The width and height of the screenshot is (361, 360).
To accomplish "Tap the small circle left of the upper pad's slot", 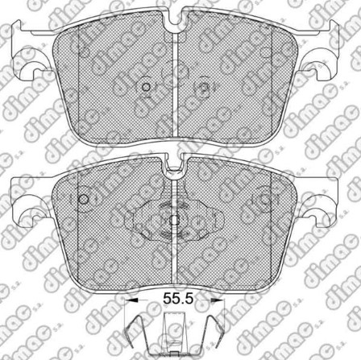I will (x=146, y=88).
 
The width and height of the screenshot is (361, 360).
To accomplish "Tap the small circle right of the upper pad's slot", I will (x=204, y=88).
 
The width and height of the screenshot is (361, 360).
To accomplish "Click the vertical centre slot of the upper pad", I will (x=175, y=89).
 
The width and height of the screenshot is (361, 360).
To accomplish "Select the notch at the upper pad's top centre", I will (x=175, y=22).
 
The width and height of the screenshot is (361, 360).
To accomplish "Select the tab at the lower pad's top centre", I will (x=175, y=168).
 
